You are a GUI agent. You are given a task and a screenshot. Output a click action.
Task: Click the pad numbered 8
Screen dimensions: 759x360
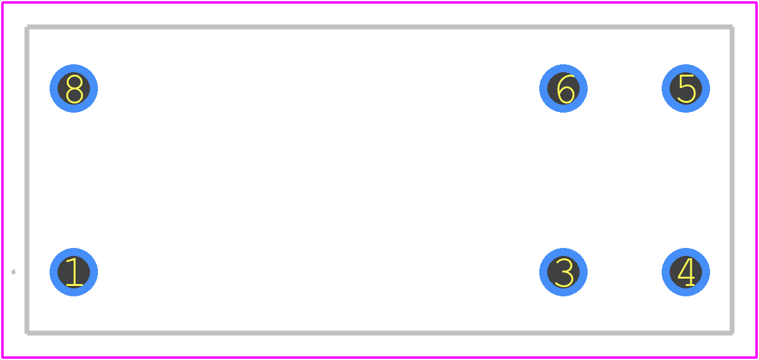point(73,89)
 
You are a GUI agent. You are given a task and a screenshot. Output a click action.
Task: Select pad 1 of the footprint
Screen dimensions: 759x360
point(73,272)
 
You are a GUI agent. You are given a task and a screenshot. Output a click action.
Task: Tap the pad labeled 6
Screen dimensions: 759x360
point(563,89)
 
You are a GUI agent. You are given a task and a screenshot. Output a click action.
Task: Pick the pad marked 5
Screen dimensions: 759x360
point(686,89)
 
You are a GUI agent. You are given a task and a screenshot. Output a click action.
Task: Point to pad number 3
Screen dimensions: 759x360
point(563,272)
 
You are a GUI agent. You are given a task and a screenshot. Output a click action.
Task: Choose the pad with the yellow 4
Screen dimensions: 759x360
point(686,272)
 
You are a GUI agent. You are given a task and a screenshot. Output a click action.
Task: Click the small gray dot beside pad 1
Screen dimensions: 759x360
point(13,272)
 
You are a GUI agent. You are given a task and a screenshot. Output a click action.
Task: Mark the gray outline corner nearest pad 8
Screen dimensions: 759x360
point(27,27)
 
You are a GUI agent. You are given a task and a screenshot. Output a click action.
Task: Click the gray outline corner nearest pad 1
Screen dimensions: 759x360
point(27,333)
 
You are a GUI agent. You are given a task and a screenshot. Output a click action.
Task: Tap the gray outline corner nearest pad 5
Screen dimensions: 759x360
point(732,27)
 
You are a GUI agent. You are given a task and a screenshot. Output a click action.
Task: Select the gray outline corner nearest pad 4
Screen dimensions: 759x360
point(732,333)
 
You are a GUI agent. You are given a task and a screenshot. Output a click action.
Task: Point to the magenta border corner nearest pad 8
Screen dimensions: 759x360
point(2,2)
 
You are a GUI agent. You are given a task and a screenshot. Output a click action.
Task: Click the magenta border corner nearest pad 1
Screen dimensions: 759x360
point(2,358)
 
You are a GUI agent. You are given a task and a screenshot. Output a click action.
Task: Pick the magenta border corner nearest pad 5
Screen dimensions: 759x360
point(757,2)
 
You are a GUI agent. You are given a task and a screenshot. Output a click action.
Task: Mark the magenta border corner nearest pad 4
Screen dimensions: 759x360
point(757,358)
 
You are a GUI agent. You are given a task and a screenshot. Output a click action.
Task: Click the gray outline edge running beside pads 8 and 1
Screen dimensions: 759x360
point(27,180)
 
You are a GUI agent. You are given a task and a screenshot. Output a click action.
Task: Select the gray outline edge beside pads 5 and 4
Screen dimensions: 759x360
point(732,180)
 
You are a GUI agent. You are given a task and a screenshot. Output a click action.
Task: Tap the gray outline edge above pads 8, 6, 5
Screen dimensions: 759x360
point(379,27)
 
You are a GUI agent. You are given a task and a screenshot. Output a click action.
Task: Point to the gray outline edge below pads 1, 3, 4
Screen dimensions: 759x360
point(379,333)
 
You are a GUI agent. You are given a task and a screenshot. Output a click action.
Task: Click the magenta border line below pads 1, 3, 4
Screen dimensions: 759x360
point(379,358)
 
